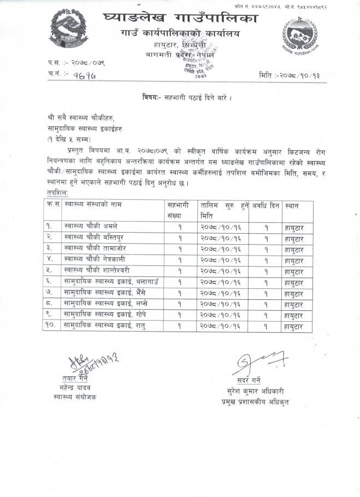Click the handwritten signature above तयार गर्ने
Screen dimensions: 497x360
(x=90, y=363)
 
